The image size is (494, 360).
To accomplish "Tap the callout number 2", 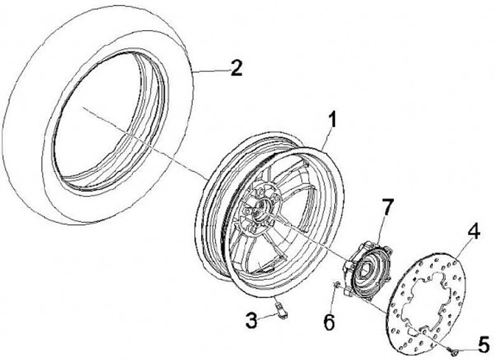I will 235,69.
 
